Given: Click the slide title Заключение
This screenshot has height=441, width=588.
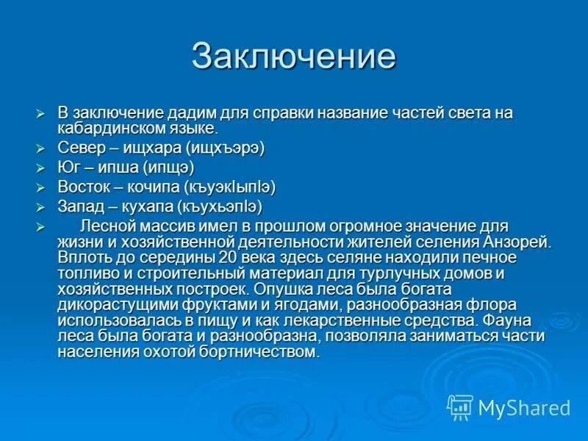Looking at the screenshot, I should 294,57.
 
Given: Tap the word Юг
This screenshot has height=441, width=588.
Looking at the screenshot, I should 68,168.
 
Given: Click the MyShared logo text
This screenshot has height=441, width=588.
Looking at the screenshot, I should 523,407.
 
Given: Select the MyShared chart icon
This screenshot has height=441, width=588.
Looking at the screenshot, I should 460,406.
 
